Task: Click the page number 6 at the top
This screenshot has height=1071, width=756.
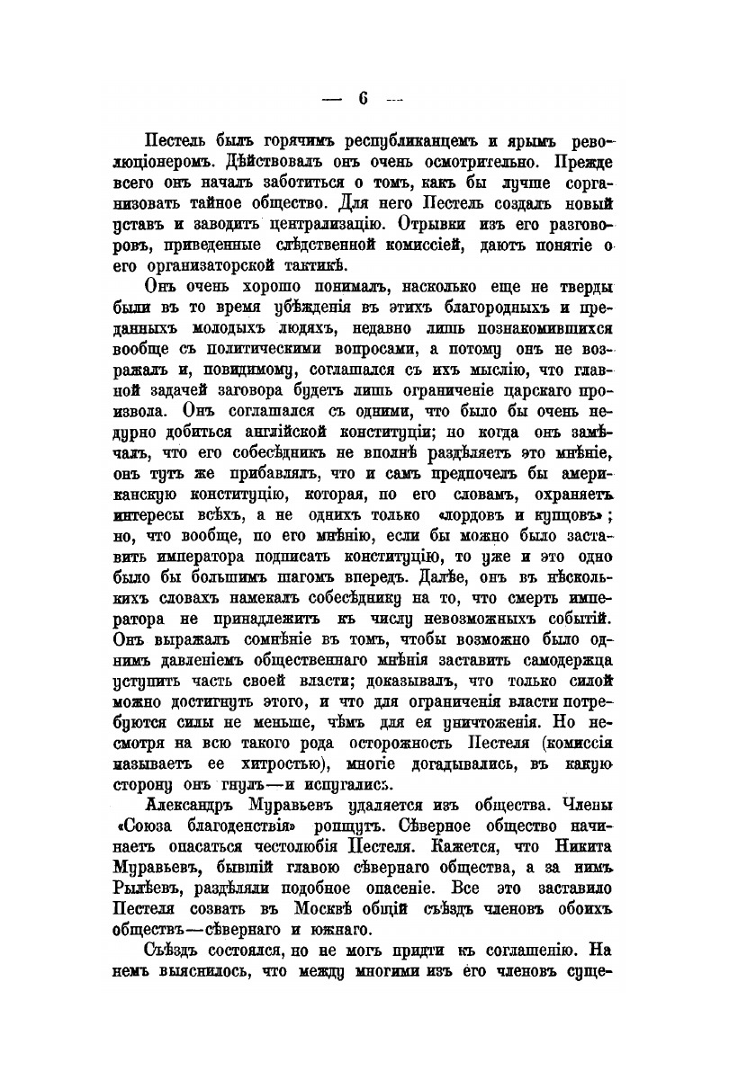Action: click(364, 99)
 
